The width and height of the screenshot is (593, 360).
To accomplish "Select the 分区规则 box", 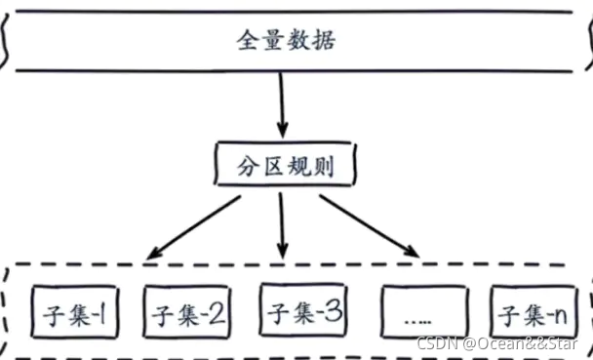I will [x=284, y=168].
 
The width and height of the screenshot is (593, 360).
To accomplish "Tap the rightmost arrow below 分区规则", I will [x=370, y=226].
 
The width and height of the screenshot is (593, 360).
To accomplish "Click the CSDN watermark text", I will [x=437, y=344].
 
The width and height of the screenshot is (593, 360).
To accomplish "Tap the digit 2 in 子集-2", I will [x=217, y=315].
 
